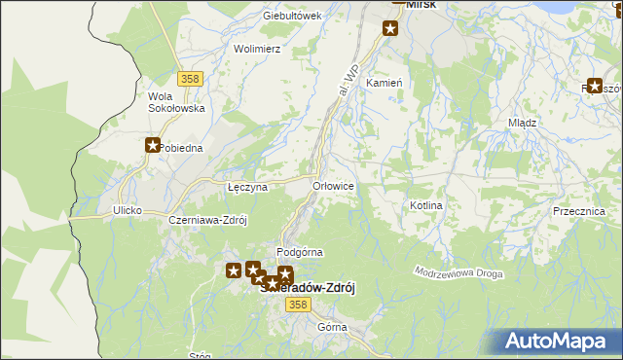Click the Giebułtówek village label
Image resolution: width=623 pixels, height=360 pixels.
pyautogui.click(x=292, y=17)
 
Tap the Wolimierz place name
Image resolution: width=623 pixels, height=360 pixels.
pyautogui.click(x=257, y=48)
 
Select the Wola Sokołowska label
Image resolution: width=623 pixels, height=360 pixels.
pyautogui.click(x=175, y=102)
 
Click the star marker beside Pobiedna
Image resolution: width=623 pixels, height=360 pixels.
pyautogui.click(x=153, y=146)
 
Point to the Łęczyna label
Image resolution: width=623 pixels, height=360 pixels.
pyautogui.click(x=246, y=187)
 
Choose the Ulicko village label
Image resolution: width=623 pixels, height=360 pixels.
pyautogui.click(x=128, y=210)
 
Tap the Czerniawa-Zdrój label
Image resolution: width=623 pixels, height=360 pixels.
pyautogui.click(x=208, y=220)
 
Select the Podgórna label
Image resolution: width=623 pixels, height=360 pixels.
pyautogui.click(x=300, y=252)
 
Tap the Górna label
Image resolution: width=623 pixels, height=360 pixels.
pyautogui.click(x=332, y=327)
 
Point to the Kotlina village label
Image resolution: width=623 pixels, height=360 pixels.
pyautogui.click(x=426, y=206)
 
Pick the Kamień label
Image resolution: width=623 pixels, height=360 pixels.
pyautogui.click(x=384, y=84)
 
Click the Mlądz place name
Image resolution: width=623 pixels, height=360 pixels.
pyautogui.click(x=523, y=124)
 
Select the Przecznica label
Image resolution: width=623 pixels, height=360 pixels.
pyautogui.click(x=578, y=211)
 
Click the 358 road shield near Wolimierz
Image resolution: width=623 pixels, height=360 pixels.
pyautogui.click(x=190, y=78)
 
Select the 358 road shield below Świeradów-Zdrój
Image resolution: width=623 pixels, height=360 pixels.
pyautogui.click(x=298, y=306)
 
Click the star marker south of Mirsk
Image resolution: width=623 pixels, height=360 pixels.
pyautogui.click(x=390, y=29)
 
